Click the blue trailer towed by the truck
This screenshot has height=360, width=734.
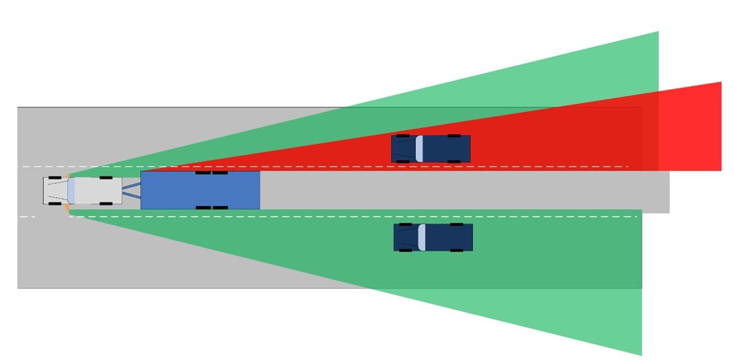(200, 190)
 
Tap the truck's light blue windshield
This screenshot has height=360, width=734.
(71, 190)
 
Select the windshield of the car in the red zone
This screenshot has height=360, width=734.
(419, 148)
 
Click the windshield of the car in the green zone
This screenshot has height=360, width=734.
(421, 237)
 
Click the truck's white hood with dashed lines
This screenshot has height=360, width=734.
(55, 190)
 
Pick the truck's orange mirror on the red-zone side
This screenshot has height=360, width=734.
(67, 176)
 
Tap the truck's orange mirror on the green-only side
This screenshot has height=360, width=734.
(67, 207)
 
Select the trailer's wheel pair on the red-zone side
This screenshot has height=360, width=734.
(211, 173)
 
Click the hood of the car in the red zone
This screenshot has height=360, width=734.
(404, 148)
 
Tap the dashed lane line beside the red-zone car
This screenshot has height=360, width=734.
(356, 167)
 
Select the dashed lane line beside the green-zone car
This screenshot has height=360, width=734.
(356, 217)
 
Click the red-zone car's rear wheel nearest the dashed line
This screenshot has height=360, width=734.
(454, 161)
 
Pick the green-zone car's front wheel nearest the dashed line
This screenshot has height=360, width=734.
(406, 225)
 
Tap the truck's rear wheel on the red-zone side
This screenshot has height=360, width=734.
(106, 177)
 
